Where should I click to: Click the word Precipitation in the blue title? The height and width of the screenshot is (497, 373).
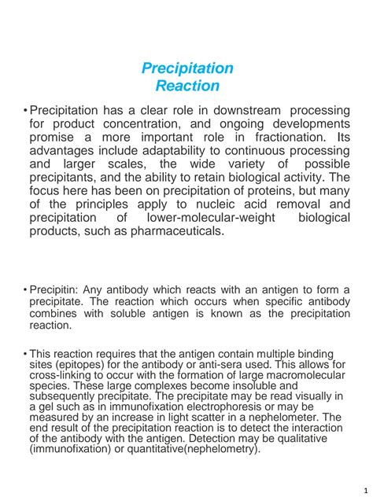pos(186,68)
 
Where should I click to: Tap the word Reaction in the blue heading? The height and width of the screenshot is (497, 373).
pos(186,86)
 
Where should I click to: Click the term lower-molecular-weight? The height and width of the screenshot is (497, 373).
pos(219,218)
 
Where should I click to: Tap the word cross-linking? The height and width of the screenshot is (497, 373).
pos(57,376)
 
